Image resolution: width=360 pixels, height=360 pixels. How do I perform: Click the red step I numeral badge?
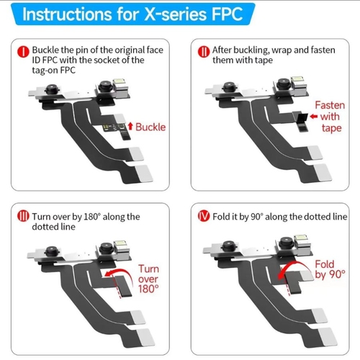(23, 52)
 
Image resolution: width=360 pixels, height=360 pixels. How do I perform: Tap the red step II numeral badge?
(204, 52)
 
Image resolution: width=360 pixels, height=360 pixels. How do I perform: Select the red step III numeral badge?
(23, 216)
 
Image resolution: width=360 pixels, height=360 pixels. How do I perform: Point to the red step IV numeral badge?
(204, 216)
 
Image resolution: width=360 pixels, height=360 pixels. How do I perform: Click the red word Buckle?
(150, 127)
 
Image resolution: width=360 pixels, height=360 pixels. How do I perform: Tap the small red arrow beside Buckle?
(130, 126)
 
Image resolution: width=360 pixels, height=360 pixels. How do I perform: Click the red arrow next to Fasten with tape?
(314, 117)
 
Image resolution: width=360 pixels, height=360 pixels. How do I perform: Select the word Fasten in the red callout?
(330, 105)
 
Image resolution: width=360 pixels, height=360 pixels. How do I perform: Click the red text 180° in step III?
(148, 289)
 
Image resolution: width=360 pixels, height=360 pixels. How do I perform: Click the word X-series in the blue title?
(176, 14)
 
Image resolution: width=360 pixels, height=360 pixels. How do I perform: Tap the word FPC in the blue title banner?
(228, 14)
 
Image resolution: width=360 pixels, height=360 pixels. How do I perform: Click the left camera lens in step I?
(52, 89)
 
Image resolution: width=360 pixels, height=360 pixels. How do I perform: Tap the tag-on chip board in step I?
(114, 127)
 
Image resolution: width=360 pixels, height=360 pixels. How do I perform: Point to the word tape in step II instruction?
(264, 60)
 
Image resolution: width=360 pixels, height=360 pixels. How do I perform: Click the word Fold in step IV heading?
(221, 217)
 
